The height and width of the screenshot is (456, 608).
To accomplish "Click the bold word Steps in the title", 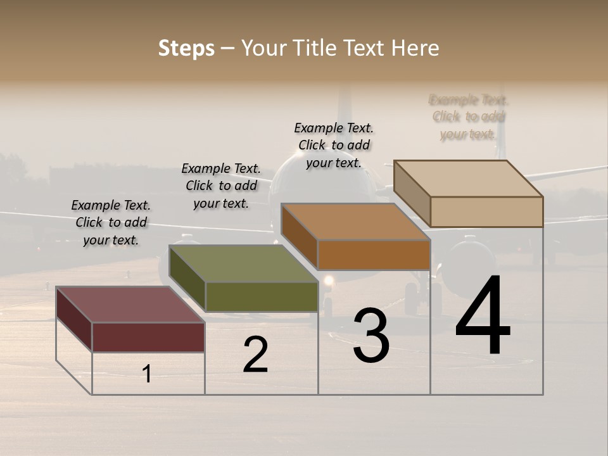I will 186,48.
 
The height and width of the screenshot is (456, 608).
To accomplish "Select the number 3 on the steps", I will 371,336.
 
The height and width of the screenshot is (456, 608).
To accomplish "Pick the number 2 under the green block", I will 255,355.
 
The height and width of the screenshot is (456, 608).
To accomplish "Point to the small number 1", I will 147,374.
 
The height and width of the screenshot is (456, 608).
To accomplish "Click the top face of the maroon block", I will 130,305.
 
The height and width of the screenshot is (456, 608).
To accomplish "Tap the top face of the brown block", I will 355,222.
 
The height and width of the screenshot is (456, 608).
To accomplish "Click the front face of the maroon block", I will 148,337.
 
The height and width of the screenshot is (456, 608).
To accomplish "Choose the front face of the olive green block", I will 262,296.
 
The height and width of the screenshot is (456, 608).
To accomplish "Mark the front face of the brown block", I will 374,255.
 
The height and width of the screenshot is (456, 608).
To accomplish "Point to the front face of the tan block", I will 486,212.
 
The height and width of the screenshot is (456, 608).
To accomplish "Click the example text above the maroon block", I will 111,222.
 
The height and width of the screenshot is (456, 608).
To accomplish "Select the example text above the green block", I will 221,186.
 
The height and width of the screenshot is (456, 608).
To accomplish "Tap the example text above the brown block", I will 334,145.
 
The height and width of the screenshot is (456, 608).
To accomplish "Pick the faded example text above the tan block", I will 469,117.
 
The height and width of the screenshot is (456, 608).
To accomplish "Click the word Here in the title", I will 415,48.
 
